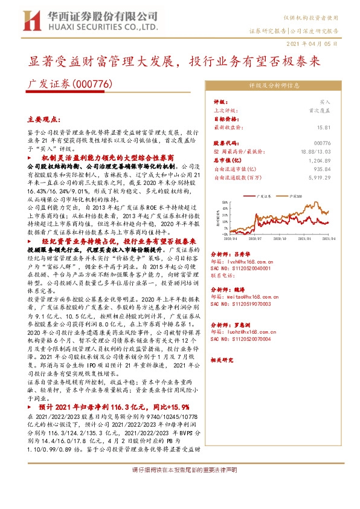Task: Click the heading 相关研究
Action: coord(224,360)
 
